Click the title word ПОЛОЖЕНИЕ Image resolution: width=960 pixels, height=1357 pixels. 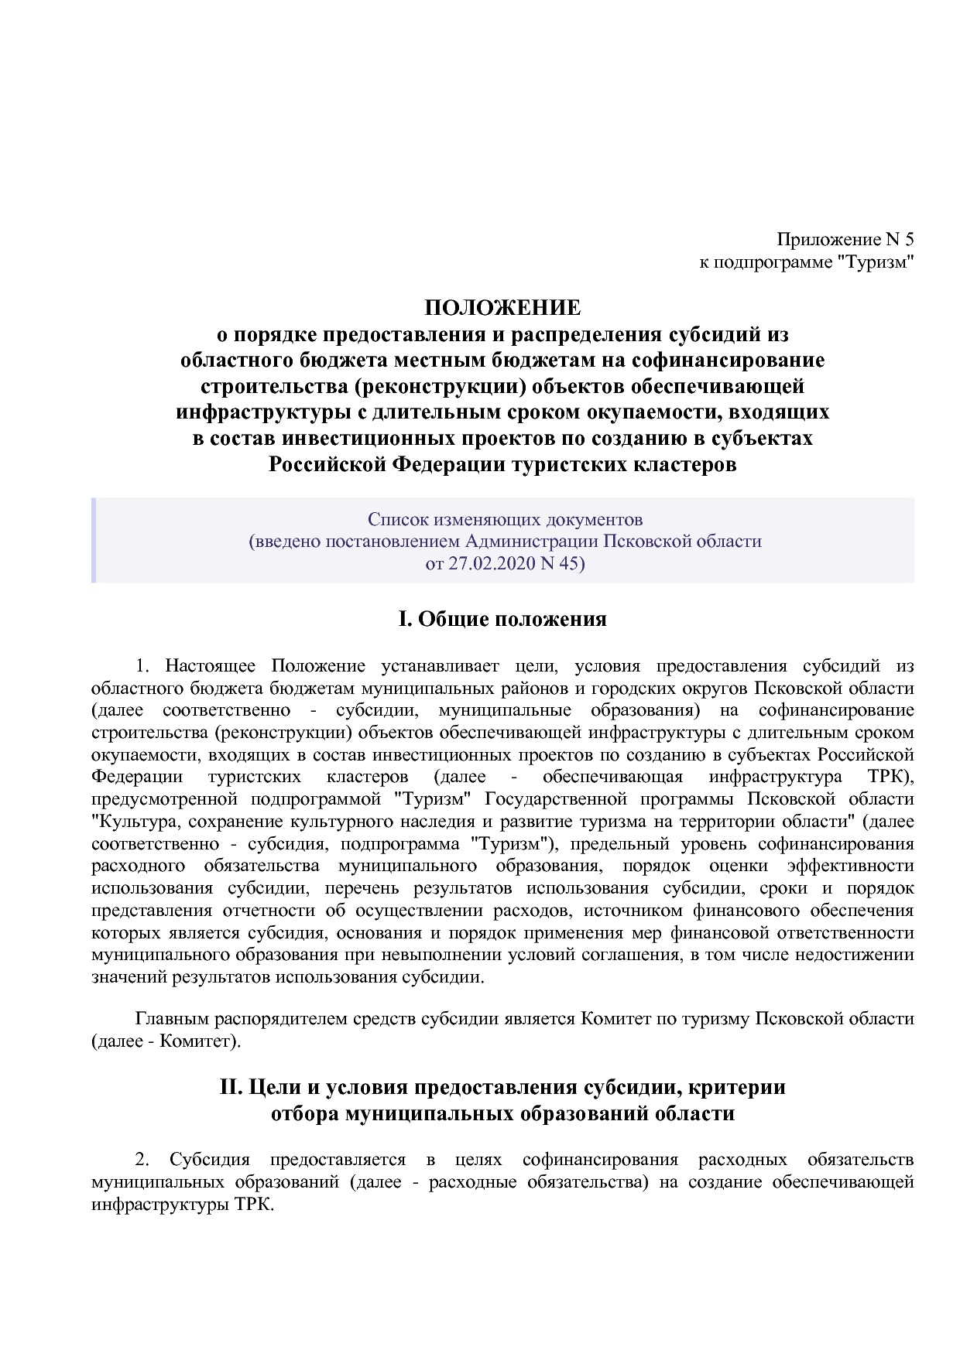[502, 308]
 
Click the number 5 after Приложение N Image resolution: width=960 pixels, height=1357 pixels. [908, 239]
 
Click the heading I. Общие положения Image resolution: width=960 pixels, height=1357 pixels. [502, 619]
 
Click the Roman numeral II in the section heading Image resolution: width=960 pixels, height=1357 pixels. [231, 1087]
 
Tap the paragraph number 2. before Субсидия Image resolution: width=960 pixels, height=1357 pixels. [142, 1159]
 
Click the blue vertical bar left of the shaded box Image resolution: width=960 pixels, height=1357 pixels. [93, 541]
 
